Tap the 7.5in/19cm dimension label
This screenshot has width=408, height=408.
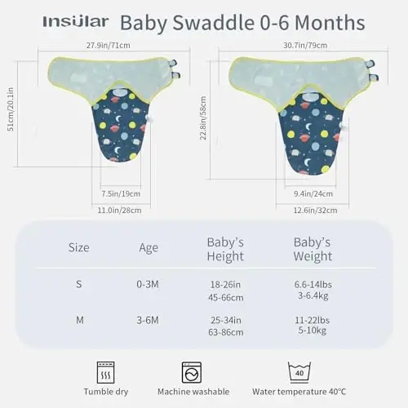[121, 193]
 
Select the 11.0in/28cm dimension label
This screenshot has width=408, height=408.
[122, 211]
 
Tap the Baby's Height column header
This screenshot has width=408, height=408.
[225, 249]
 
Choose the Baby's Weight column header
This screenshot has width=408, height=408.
[312, 249]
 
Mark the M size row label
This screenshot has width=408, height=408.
[80, 321]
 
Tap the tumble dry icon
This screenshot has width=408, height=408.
[106, 372]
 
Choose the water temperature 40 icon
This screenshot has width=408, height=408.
[299, 371]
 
